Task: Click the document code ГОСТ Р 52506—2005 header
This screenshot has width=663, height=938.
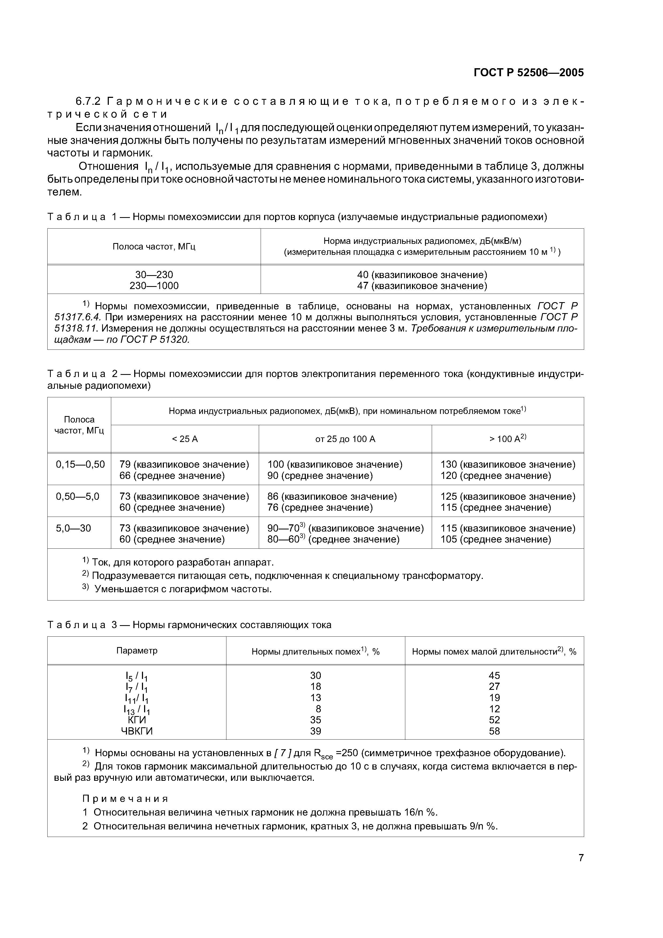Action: (528, 73)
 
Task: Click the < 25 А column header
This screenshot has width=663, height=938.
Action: (185, 439)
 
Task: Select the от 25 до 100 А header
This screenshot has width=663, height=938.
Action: (345, 439)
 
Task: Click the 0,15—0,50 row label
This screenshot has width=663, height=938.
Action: (80, 464)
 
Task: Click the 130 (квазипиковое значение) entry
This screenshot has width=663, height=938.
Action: (508, 464)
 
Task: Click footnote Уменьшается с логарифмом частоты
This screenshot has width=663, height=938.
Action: (183, 589)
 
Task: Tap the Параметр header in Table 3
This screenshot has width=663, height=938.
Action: (137, 650)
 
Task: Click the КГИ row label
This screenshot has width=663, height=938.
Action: (137, 720)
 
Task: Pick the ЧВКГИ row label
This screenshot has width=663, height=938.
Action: (137, 731)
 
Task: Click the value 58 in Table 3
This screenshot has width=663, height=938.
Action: (494, 731)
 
